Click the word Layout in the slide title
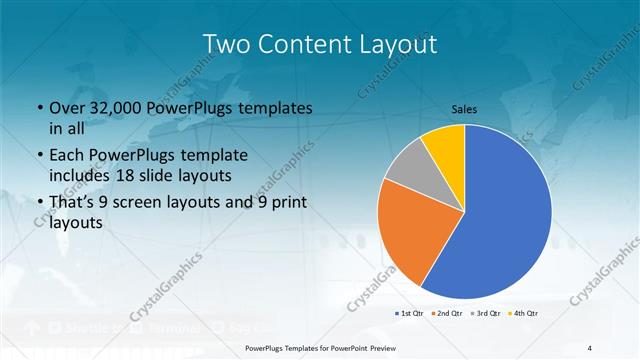(390, 44)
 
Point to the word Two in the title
(228, 44)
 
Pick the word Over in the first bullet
(68, 108)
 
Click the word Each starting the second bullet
(68, 155)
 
